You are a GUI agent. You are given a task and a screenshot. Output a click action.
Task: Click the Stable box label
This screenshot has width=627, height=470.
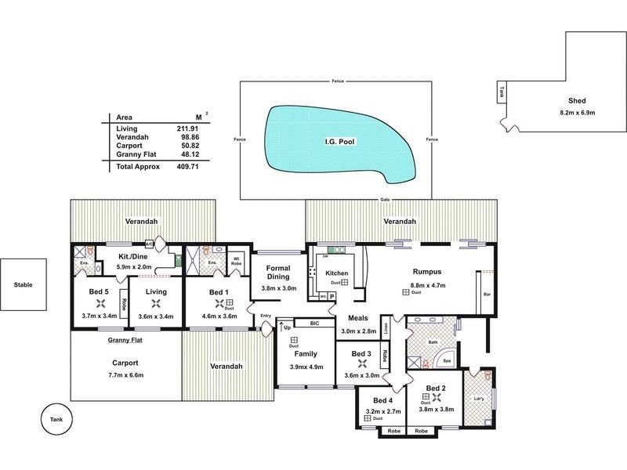pyautogui.click(x=23, y=286)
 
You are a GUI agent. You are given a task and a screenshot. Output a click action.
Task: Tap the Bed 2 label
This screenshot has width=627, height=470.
pyautogui.click(x=437, y=389)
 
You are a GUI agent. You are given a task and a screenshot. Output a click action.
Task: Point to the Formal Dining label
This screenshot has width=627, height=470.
pyautogui.click(x=278, y=273)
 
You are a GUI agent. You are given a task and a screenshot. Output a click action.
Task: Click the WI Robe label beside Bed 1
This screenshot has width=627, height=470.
pyautogui.click(x=235, y=260)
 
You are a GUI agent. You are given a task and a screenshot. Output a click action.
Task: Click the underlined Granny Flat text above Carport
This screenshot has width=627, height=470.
pyautogui.click(x=125, y=340)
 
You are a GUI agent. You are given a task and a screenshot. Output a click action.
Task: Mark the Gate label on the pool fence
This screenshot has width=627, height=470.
pyautogui.click(x=384, y=199)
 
